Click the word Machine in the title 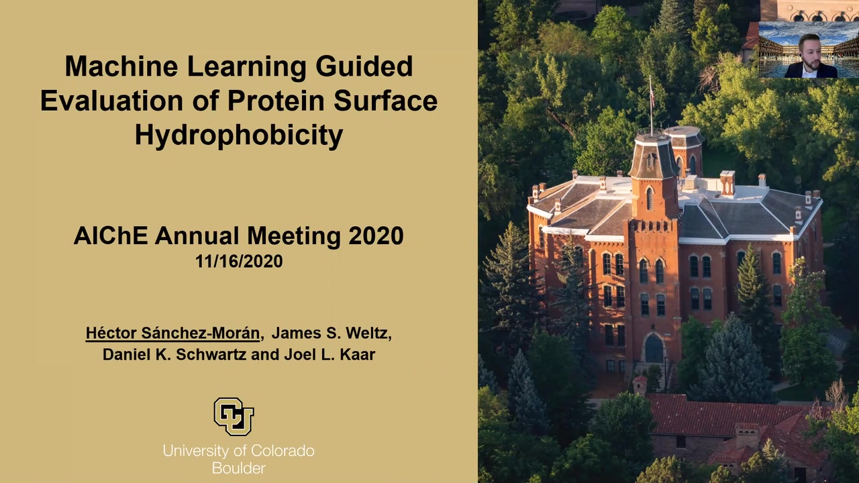[121, 66]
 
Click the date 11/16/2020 [239, 261]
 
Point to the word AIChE [111, 235]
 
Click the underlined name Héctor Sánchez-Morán [172, 333]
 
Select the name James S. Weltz [332, 333]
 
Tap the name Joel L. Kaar [330, 354]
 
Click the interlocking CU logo [234, 417]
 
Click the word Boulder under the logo [238, 468]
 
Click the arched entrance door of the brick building [654, 348]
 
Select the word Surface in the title [385, 101]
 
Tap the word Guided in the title [364, 66]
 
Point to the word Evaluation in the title [111, 101]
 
